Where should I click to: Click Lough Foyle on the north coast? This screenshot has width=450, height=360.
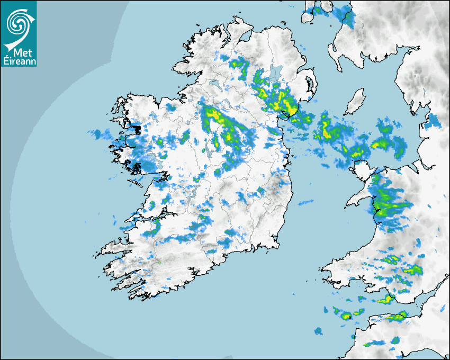pyautogui.click(x=245, y=38)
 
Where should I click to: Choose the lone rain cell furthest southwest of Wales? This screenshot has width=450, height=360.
pyautogui.click(x=318, y=331)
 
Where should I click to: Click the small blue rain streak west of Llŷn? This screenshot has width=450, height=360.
pyautogui.click(x=305, y=202)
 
